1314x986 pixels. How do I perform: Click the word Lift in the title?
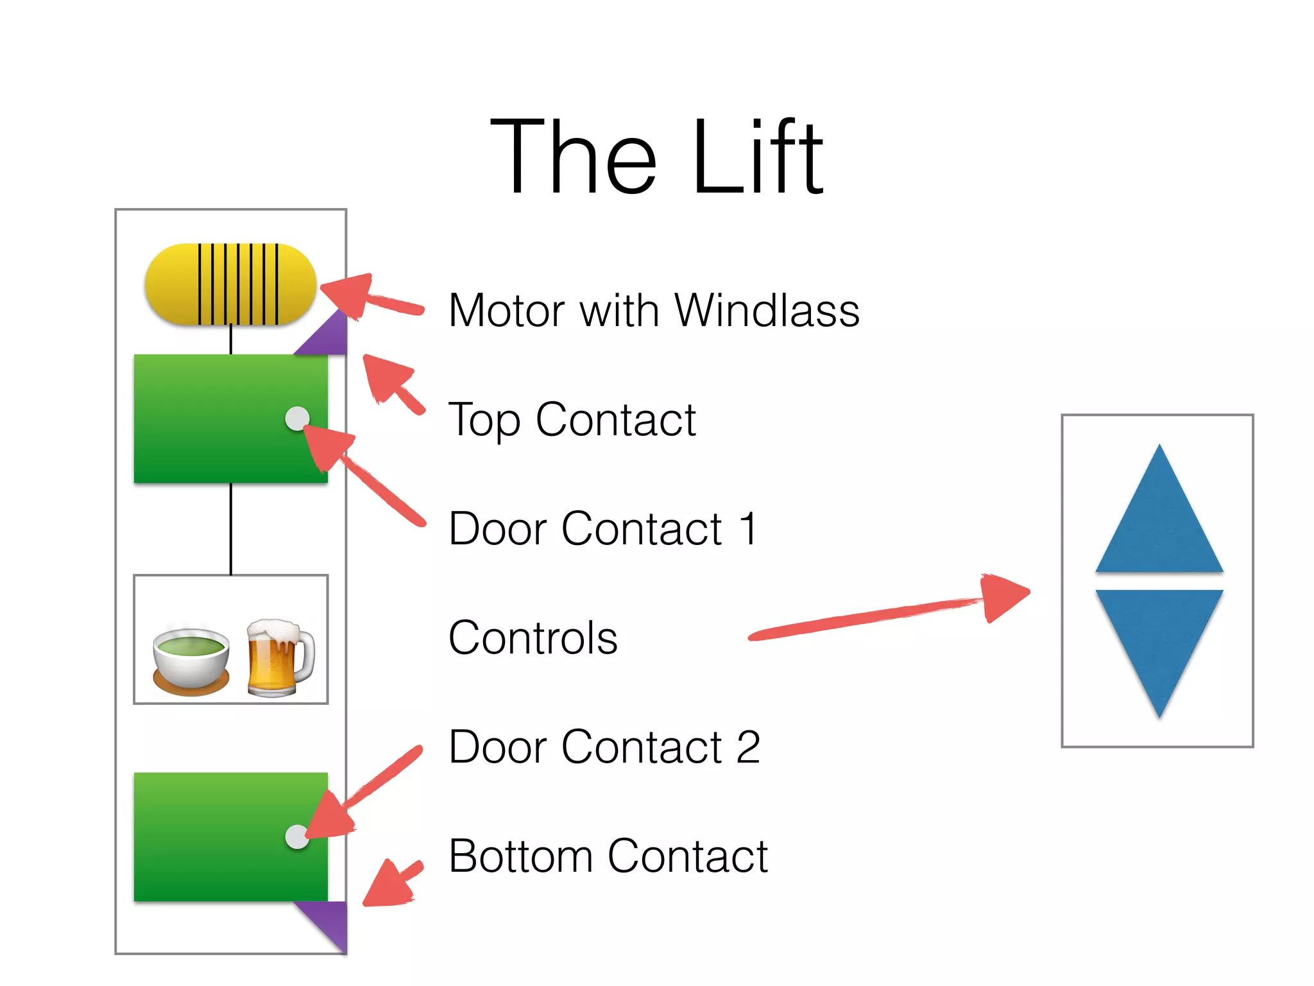point(757,157)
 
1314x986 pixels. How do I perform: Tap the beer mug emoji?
point(280,657)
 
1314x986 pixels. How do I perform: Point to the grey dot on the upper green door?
point(297,419)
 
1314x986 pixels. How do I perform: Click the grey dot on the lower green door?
point(297,836)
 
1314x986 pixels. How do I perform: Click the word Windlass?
point(767,311)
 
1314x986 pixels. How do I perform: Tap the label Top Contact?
point(571,420)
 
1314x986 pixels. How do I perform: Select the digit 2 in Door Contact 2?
point(748,747)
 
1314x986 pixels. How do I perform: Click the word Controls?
point(533,638)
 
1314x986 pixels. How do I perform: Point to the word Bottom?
point(520,856)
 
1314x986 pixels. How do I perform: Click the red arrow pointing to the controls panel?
point(898,613)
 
